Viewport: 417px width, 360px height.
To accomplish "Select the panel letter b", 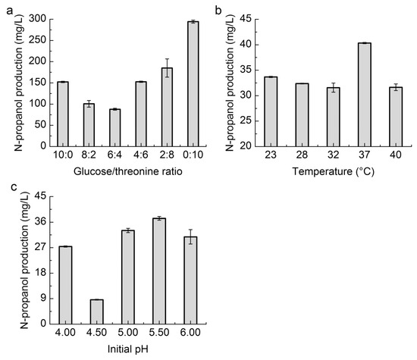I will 218,8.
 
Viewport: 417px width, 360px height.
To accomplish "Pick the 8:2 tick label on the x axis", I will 89,157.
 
